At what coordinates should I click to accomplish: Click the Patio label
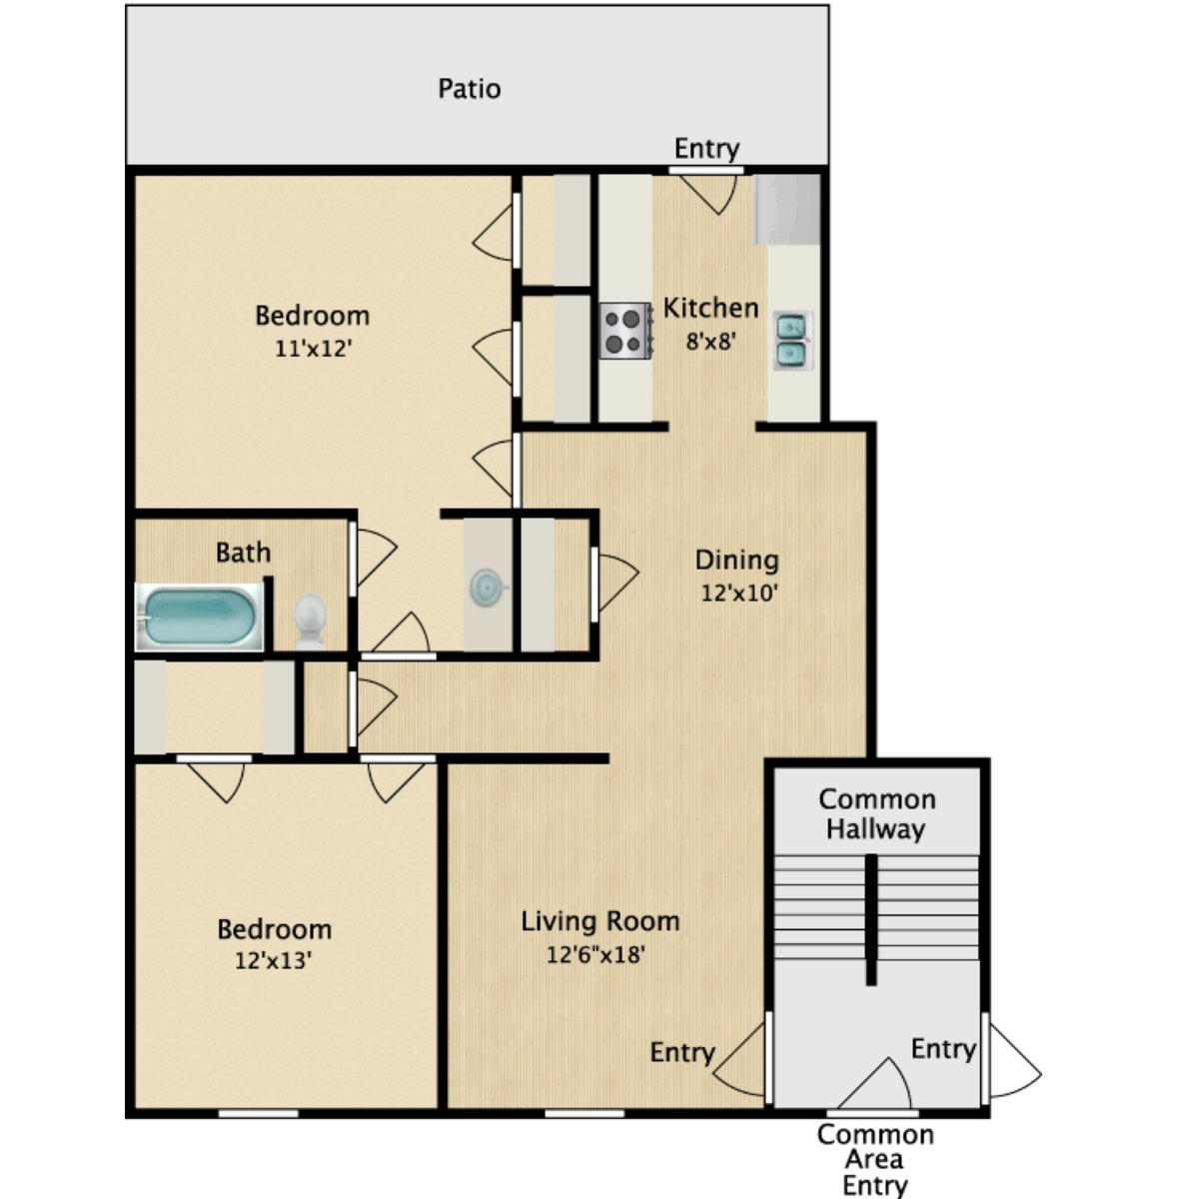click(469, 89)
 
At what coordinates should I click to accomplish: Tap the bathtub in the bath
click(199, 616)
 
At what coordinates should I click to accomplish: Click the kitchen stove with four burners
click(624, 331)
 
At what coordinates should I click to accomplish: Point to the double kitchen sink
click(792, 340)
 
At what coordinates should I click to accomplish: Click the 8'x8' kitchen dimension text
click(710, 341)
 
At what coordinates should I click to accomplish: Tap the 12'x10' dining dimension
click(739, 593)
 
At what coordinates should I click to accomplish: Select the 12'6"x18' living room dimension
click(596, 954)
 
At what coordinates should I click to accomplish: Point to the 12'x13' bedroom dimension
click(274, 961)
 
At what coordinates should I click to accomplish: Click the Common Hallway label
click(876, 813)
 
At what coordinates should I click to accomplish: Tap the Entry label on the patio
click(706, 149)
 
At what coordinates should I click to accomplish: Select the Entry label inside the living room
click(682, 1052)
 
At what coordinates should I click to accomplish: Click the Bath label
click(243, 553)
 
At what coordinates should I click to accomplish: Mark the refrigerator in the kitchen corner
click(787, 209)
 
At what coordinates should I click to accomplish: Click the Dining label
click(736, 561)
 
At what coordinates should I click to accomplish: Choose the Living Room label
click(599, 921)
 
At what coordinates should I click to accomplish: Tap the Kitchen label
click(710, 308)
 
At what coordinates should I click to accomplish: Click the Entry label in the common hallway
click(943, 1049)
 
